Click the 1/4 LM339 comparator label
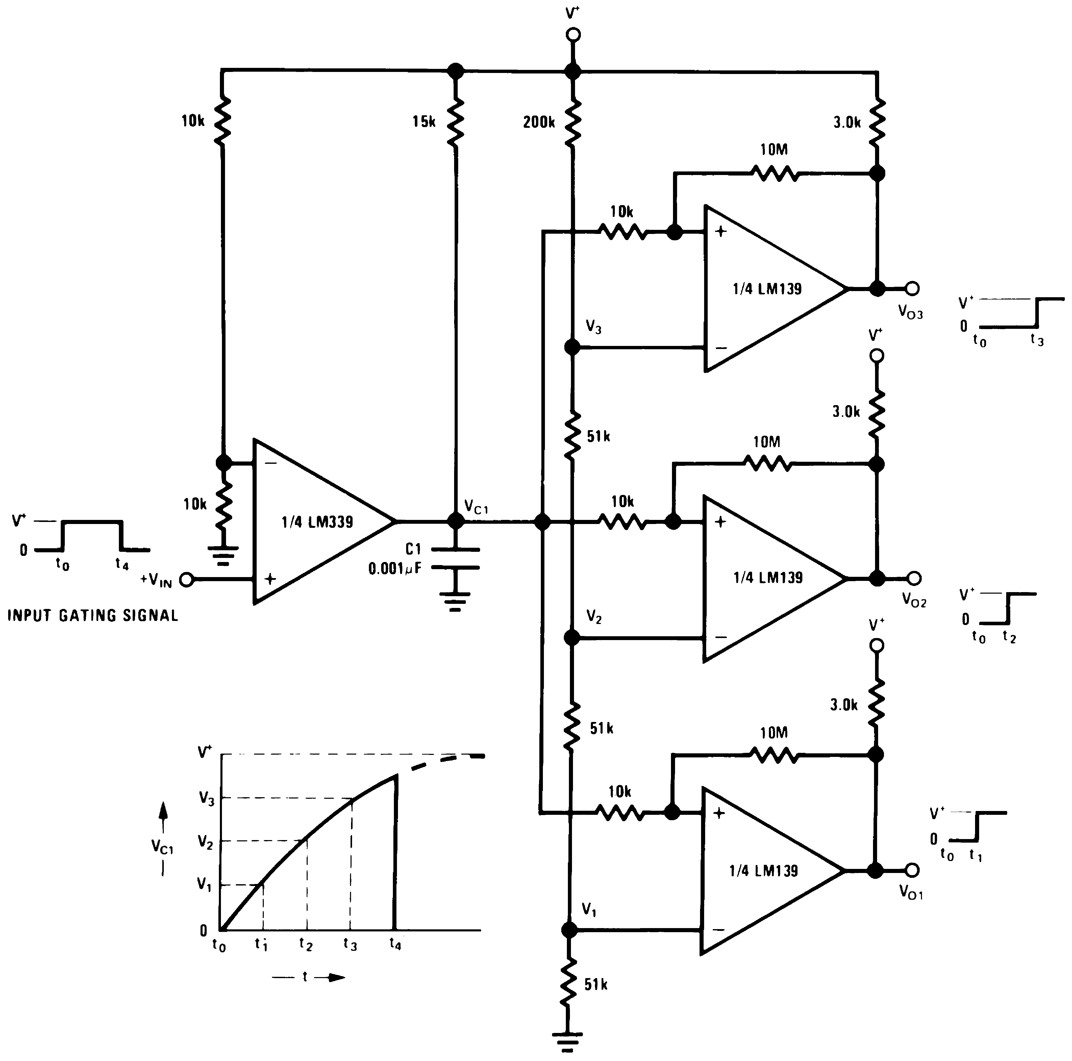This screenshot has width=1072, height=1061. pos(317,522)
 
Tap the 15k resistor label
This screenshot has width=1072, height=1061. pos(424,121)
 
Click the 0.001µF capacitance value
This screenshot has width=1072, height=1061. pos(395,569)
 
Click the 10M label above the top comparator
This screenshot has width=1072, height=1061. pos(774,150)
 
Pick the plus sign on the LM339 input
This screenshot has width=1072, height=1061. pos(270,579)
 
